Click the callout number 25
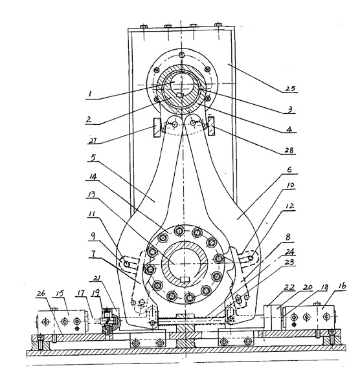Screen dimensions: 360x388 point(290,88)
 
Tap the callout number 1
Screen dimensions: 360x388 point(90,94)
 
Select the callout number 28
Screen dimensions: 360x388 point(289,150)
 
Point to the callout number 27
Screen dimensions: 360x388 point(93,140)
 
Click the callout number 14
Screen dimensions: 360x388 point(91,177)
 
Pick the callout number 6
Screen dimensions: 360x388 point(289,169)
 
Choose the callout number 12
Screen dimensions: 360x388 point(289,206)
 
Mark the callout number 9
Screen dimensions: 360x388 point(93,236)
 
